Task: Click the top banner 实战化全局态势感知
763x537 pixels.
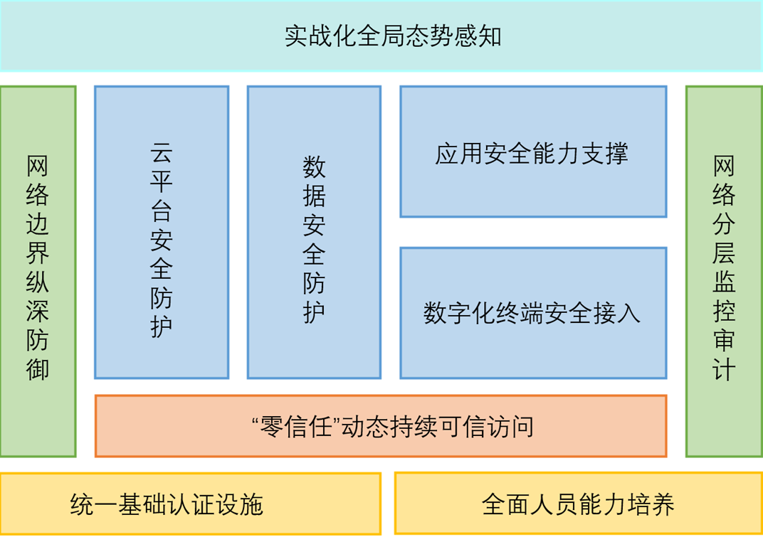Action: point(381,36)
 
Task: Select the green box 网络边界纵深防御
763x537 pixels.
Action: point(38,272)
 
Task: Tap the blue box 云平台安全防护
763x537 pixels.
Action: point(162,232)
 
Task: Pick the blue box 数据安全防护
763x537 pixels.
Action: point(314,232)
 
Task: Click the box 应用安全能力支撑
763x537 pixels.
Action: point(533,151)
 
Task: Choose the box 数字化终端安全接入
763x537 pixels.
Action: point(533,313)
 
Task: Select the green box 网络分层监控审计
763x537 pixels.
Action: point(724,272)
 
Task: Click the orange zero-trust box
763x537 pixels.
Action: point(381,426)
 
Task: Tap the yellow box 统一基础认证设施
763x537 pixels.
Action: point(190,504)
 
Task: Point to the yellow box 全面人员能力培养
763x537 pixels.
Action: point(579,504)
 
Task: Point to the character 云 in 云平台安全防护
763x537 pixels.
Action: point(161,152)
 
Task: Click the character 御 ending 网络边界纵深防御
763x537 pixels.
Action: point(38,369)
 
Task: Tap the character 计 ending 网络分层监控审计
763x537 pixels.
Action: point(724,369)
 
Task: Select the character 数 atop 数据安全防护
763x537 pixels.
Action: point(314,167)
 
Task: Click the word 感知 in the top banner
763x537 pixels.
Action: point(478,36)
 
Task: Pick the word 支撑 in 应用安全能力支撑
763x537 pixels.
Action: point(604,153)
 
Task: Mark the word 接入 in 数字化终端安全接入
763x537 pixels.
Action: point(616,313)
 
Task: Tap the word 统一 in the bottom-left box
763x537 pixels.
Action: point(94,504)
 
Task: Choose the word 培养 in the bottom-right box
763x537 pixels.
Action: point(651,504)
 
